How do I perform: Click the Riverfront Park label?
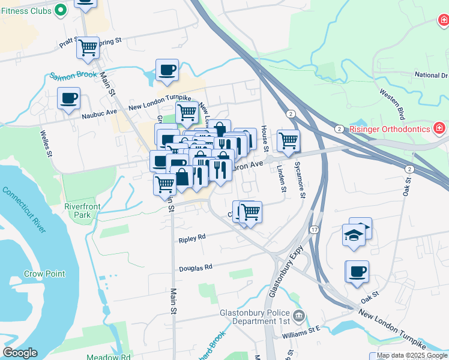[80, 211]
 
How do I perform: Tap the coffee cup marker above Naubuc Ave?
[68, 98]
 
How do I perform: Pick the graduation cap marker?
[354, 235]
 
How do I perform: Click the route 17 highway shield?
[314, 230]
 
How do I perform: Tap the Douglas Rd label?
[196, 267]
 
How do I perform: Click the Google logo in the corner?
[20, 353]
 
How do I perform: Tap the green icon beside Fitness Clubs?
[60, 10]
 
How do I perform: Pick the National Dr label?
[431, 76]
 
